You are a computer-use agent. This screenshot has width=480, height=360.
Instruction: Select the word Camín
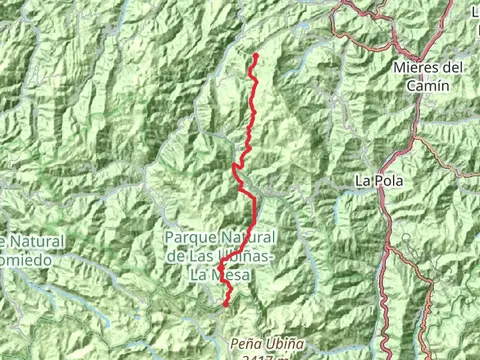pyautogui.click(x=429, y=86)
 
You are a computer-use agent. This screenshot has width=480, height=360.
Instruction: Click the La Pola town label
pyautogui.click(x=378, y=181)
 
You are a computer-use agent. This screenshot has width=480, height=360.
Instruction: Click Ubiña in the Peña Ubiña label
pyautogui.click(x=277, y=342)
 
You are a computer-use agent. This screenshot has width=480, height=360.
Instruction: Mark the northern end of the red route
pyautogui.click(x=255, y=54)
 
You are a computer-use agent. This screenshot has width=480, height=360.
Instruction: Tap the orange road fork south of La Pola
pyautogui.click(x=393, y=246)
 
